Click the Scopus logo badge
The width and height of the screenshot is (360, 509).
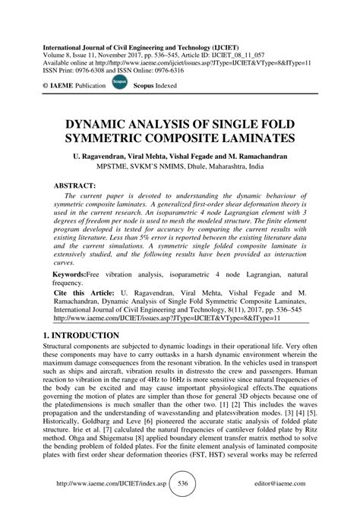119,86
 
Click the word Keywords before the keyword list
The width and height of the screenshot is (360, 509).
71,273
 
